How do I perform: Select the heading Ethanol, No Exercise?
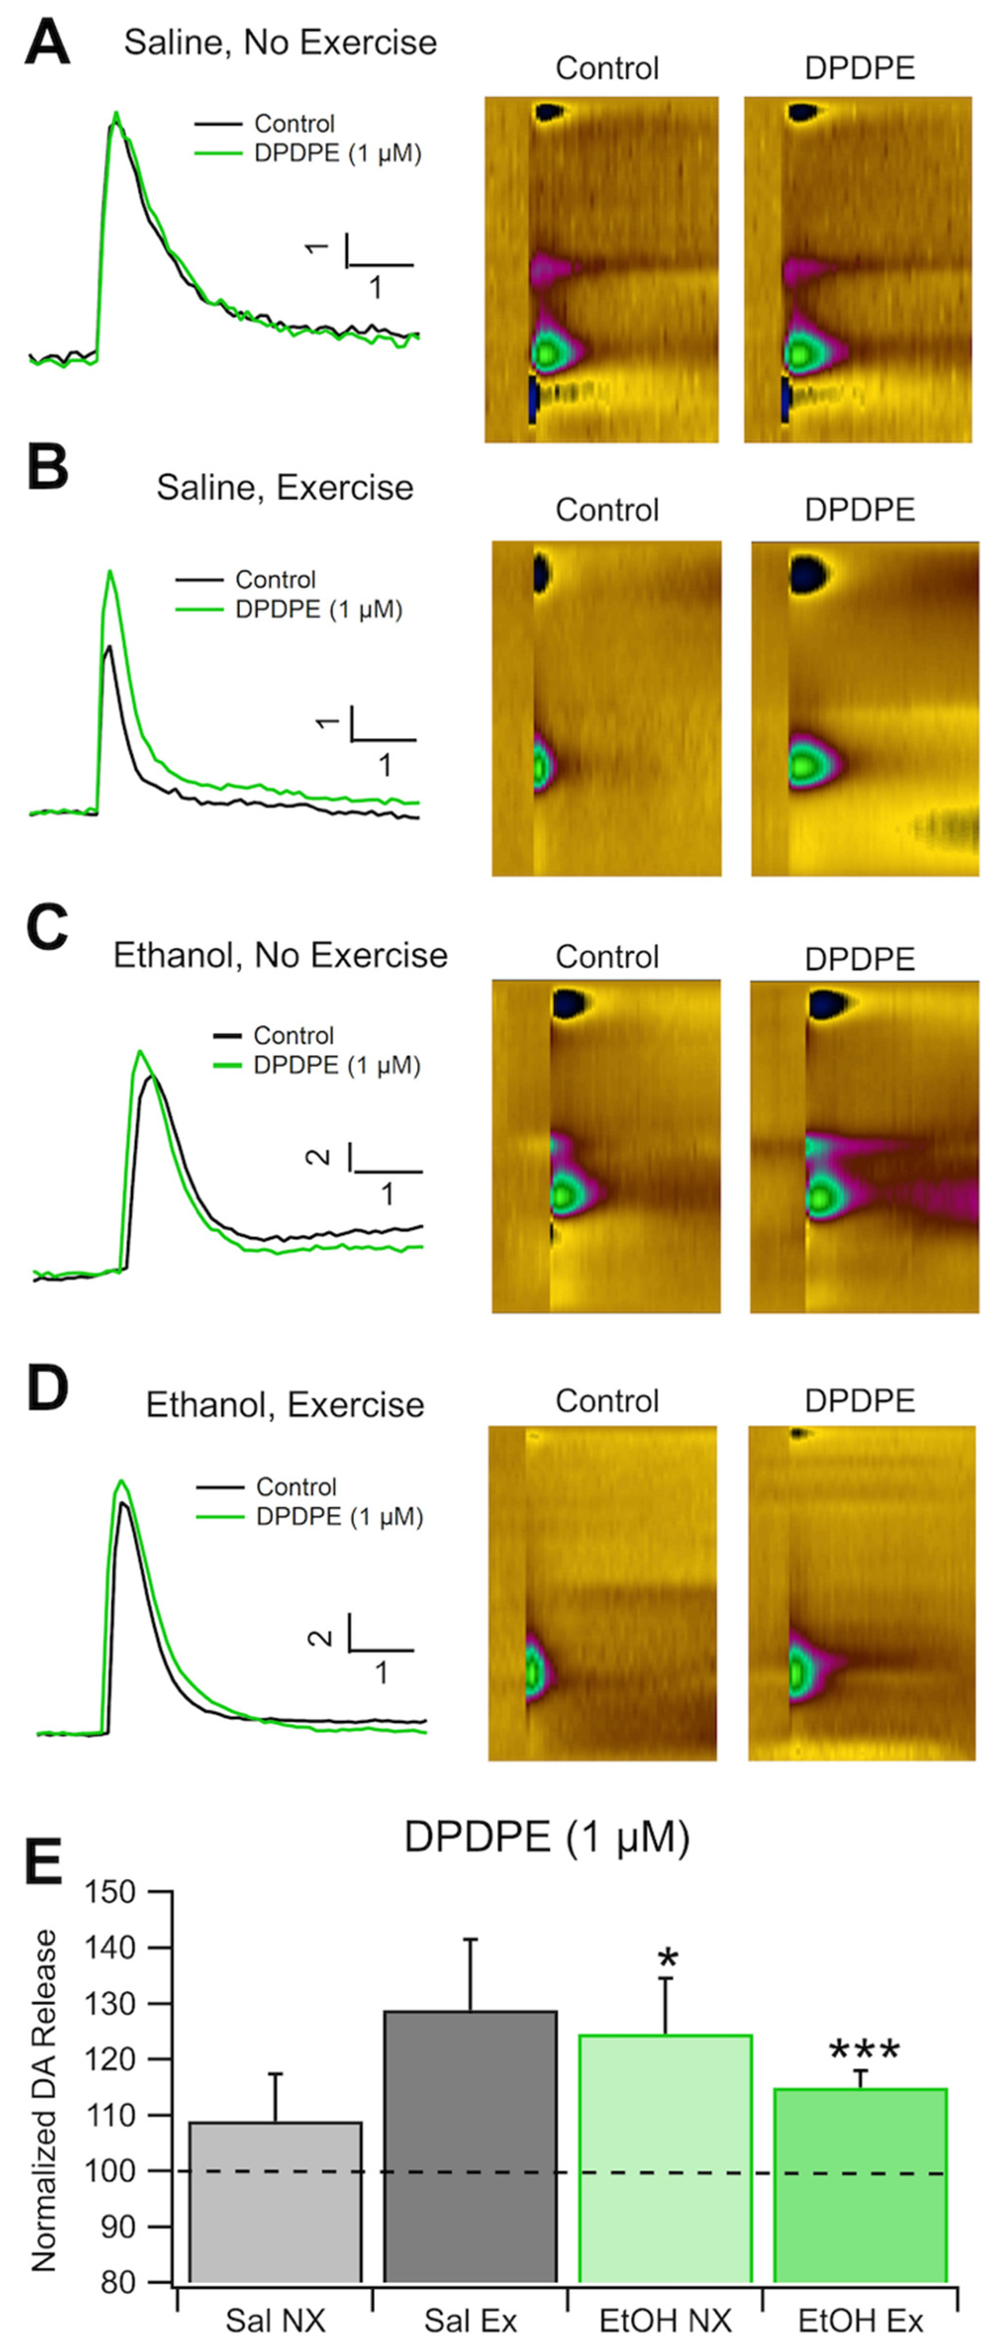pyautogui.click(x=280, y=955)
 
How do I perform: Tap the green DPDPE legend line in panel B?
pyautogui.click(x=198, y=609)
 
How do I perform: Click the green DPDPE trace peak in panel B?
pyautogui.click(x=110, y=572)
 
